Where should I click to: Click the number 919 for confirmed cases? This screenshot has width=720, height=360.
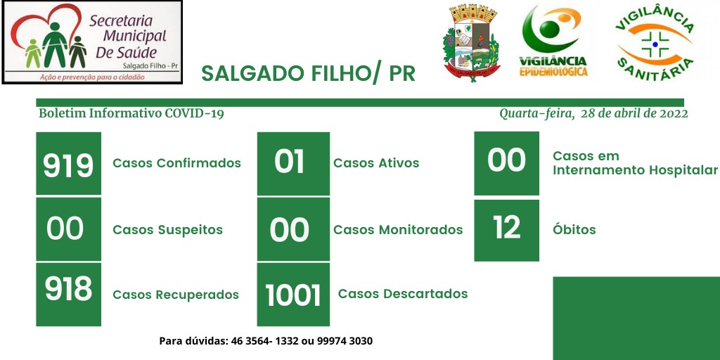(x=68, y=165)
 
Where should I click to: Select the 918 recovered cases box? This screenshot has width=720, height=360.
(x=68, y=295)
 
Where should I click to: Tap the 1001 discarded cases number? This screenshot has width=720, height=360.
(x=293, y=295)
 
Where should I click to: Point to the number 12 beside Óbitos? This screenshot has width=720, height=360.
(x=507, y=227)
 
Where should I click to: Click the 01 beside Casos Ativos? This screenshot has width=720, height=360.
(x=289, y=162)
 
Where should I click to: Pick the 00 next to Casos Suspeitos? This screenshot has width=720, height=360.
(x=65, y=229)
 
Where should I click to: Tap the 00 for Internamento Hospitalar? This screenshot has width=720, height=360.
(x=506, y=160)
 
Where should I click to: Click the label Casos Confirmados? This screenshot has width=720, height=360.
(x=176, y=163)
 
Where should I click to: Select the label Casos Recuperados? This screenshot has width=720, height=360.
(x=176, y=295)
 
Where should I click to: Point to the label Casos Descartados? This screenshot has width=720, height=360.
(x=403, y=293)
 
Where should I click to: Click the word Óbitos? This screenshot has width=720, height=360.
(x=574, y=229)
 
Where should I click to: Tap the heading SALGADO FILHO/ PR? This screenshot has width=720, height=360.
(x=309, y=73)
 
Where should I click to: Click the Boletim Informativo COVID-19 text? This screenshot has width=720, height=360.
(x=131, y=113)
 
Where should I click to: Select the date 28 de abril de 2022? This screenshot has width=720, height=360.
(x=634, y=113)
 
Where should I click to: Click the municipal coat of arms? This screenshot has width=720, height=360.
(x=472, y=44)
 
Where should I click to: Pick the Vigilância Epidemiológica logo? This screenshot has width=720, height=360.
(x=553, y=41)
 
